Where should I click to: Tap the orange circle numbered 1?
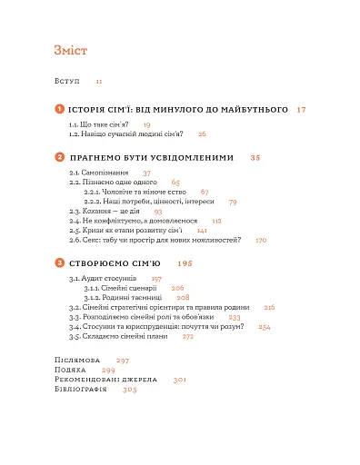coord(60,109)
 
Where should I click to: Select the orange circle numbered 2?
coord(60,158)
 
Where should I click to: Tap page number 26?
coord(202,134)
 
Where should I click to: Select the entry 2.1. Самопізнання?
coord(100,173)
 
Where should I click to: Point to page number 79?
coord(233,202)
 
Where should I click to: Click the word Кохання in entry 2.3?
coord(103,212)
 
